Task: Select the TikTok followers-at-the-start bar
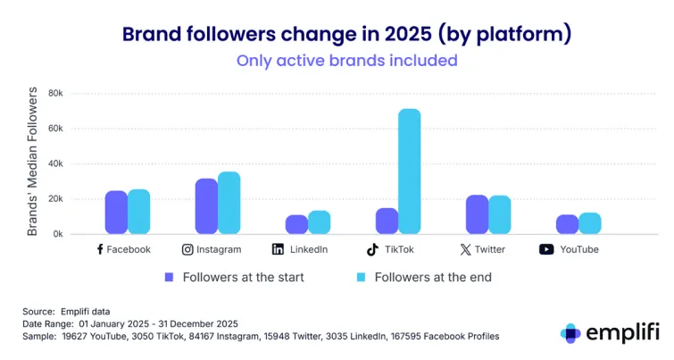pyautogui.click(x=387, y=221)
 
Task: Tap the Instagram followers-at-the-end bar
pyautogui.click(x=229, y=203)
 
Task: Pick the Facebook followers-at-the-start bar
pyautogui.click(x=116, y=212)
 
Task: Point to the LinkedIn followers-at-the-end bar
pyautogui.click(x=320, y=222)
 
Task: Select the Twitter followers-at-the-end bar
pyautogui.click(x=500, y=214)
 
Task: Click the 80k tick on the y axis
pyautogui.click(x=55, y=93)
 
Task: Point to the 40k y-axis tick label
pyautogui.click(x=55, y=163)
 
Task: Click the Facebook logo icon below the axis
pyautogui.click(x=100, y=249)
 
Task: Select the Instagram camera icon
pyautogui.click(x=188, y=249)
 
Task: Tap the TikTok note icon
pyautogui.click(x=371, y=249)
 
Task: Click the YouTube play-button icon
pyautogui.click(x=546, y=249)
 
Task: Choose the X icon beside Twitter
pyautogui.click(x=465, y=249)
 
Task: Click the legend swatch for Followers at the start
pyautogui.click(x=170, y=277)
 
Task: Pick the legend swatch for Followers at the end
pyautogui.click(x=361, y=277)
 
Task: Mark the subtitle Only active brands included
pyautogui.click(x=346, y=61)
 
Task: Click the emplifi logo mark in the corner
pyautogui.click(x=570, y=332)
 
